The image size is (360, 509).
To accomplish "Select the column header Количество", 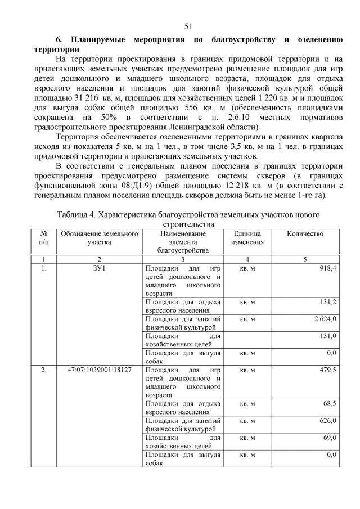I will point(305,233).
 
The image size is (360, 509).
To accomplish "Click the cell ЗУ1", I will point(100,269).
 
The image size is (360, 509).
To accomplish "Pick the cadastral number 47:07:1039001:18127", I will point(100,370).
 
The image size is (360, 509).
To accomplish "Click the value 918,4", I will point(327,269).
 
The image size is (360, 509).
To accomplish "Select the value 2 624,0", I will point(325,319).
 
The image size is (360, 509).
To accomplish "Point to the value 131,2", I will point(327,303).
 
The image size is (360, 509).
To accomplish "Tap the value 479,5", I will point(327,370).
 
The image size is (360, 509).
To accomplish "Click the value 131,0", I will point(327,336).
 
